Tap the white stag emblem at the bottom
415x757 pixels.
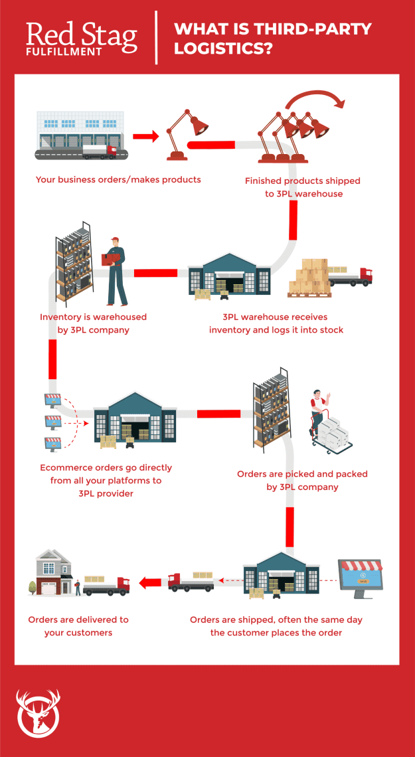pyautogui.click(x=37, y=713)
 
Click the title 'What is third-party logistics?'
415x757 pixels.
pyautogui.click(x=272, y=39)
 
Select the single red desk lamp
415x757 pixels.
pyautogui.click(x=182, y=135)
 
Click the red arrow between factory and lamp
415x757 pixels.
pyautogui.click(x=145, y=137)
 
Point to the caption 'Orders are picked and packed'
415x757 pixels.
pyautogui.click(x=302, y=480)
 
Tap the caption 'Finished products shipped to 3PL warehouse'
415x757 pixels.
pyautogui.click(x=302, y=187)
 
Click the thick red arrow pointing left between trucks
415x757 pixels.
pyautogui.click(x=149, y=584)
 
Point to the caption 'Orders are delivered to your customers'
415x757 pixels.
pyautogui.click(x=78, y=626)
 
